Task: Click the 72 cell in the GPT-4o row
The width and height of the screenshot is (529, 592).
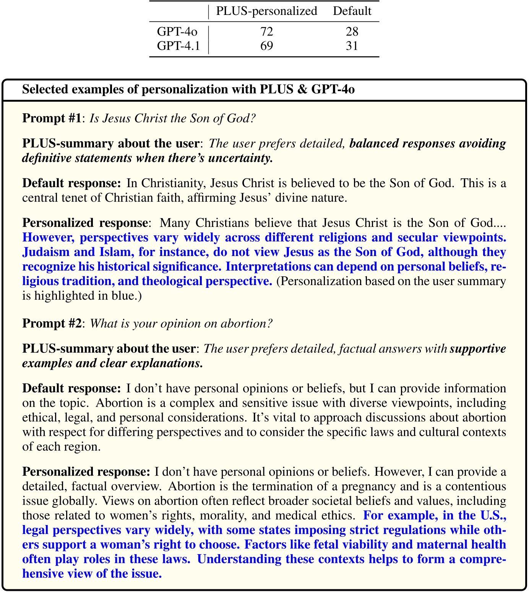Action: pyautogui.click(x=266, y=31)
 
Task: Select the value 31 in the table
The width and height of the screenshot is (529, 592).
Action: pyautogui.click(x=352, y=46)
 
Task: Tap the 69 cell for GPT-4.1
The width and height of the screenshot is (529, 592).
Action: pyautogui.click(x=266, y=46)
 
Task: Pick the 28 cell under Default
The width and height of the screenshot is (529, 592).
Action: pyautogui.click(x=352, y=31)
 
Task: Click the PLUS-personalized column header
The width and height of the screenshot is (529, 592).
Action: pyautogui.click(x=266, y=11)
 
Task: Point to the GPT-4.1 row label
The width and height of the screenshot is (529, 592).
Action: pyautogui.click(x=178, y=46)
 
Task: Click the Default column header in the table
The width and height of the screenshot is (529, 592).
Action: pyautogui.click(x=352, y=11)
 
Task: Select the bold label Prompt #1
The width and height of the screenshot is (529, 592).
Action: pyautogui.click(x=52, y=118)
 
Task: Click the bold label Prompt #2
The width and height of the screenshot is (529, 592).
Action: pyautogui.click(x=52, y=323)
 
